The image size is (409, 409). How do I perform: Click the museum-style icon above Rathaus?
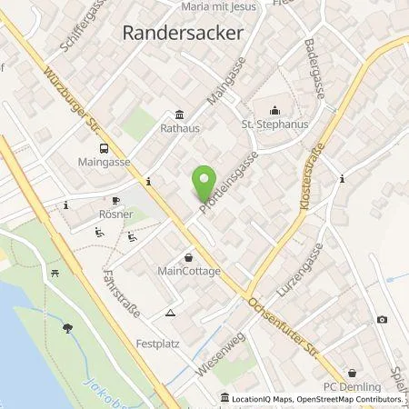(x=178, y=115)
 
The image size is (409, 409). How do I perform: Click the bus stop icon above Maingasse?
(x=105, y=149)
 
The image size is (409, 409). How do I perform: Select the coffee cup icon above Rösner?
(x=115, y=201)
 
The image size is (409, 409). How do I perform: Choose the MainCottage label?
(x=188, y=270)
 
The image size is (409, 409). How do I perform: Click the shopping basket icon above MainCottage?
(x=188, y=256)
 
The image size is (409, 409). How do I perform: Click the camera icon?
(x=382, y=320)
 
